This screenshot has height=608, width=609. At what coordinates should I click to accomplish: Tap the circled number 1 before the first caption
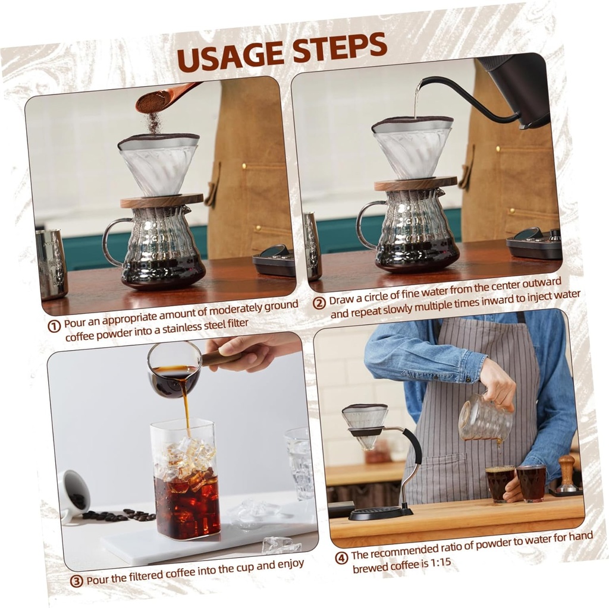click(x=55, y=326)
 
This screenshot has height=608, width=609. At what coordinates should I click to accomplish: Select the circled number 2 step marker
click(x=319, y=302)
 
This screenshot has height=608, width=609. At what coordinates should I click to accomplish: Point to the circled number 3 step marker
click(x=76, y=581)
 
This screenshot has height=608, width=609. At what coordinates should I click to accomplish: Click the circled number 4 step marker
click(x=341, y=557)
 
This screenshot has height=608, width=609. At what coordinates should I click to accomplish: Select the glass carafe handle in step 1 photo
click(x=110, y=241)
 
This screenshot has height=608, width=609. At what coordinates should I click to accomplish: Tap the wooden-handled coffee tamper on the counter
click(x=566, y=474)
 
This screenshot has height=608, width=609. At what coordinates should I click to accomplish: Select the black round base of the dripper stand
click(x=381, y=512)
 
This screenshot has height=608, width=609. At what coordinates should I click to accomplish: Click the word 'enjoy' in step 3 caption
click(x=290, y=563)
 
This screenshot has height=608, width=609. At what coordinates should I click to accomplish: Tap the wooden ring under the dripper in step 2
click(x=415, y=184)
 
